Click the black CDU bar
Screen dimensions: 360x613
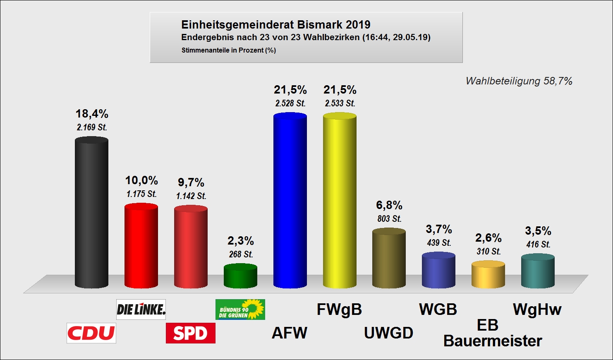(x=91, y=213)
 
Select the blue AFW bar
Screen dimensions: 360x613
(x=290, y=201)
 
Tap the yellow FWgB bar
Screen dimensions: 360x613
(x=340, y=201)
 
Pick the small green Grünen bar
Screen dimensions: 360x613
(x=240, y=276)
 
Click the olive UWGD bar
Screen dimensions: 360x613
(x=389, y=259)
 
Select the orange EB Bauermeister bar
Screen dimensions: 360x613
(x=488, y=275)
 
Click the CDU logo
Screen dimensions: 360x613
(x=91, y=333)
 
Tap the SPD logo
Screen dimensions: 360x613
(x=190, y=333)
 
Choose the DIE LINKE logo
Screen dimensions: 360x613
(x=141, y=310)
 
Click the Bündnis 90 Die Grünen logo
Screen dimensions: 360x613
(x=240, y=310)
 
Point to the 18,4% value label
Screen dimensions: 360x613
(x=92, y=114)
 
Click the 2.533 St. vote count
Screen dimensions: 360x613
(x=340, y=103)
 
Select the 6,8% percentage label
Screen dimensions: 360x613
(x=389, y=205)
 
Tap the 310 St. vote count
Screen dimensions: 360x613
(x=488, y=252)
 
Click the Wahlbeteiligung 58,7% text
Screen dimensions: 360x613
(x=519, y=81)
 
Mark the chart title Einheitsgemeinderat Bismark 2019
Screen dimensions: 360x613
(x=276, y=25)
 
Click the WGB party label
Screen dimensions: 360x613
(x=438, y=310)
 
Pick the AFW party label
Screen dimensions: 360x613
(x=290, y=333)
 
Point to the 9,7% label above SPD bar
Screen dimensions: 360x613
(x=191, y=182)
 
